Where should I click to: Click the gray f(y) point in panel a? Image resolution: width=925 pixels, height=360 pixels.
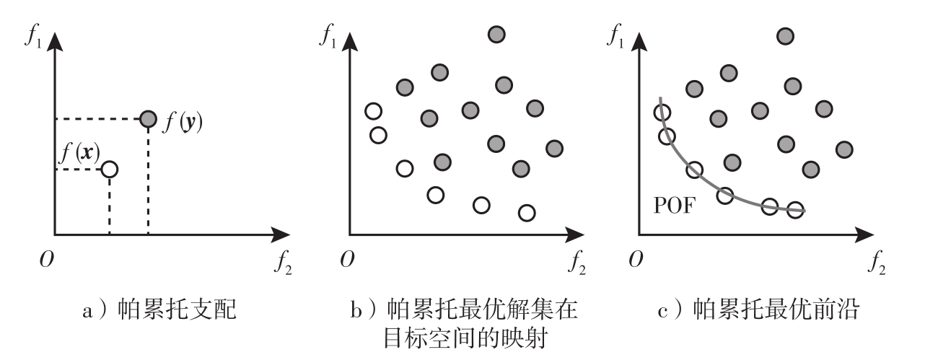[x=148, y=118]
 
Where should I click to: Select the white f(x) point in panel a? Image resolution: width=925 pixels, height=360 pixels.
[x=109, y=170]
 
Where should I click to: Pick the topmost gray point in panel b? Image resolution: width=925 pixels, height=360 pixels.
[x=496, y=34]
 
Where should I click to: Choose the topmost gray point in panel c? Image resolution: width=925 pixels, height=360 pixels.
[x=785, y=35]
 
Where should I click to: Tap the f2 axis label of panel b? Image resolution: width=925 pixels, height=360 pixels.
[x=577, y=262]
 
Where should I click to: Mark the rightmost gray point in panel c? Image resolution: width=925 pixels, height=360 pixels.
[x=843, y=149]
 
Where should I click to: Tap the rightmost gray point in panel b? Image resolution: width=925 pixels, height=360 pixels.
[x=554, y=148]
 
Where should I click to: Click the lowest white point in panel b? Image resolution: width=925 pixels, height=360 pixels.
[x=527, y=213]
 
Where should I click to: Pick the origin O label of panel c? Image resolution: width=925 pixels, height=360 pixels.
[x=636, y=260]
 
